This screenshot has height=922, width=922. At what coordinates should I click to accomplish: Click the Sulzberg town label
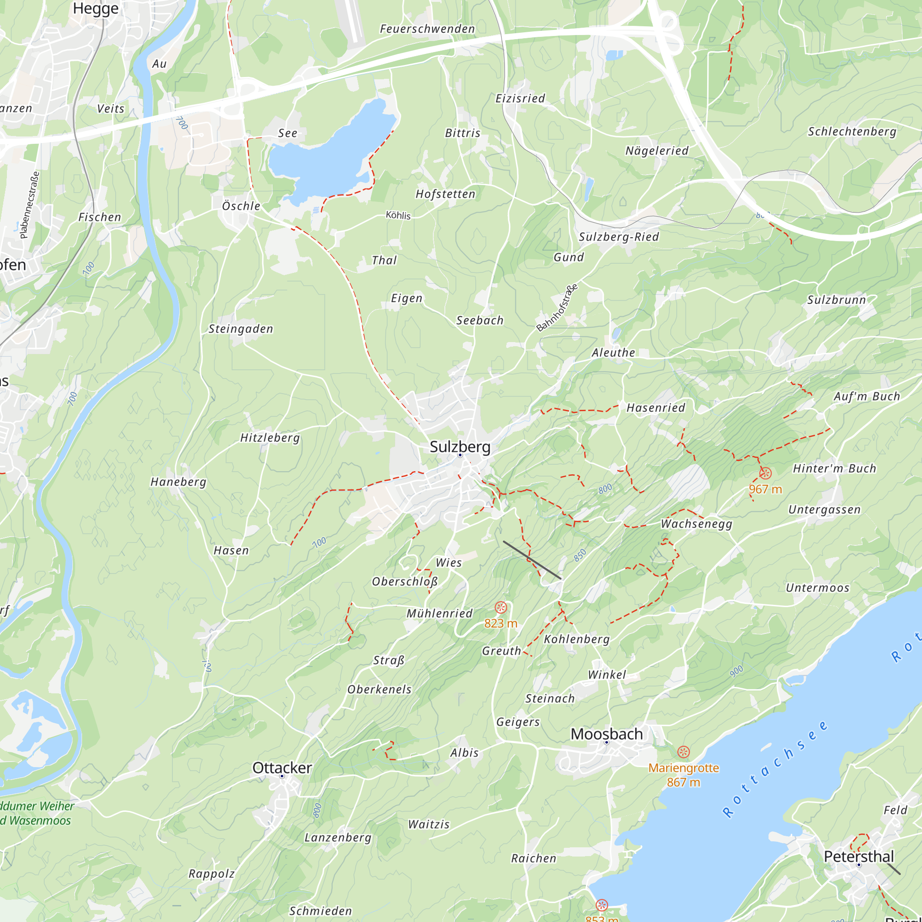click(460, 447)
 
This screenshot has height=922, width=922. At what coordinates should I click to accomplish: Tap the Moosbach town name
click(607, 734)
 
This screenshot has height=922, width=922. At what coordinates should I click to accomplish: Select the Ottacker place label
click(282, 768)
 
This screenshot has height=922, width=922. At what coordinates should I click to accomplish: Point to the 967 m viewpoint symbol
click(765, 473)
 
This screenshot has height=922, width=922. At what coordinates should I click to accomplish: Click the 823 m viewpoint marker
click(501, 608)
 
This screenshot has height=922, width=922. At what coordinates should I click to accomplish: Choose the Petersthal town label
click(858, 857)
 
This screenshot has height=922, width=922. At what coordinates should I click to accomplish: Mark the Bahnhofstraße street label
click(557, 308)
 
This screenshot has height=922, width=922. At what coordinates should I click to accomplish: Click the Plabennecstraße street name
click(30, 205)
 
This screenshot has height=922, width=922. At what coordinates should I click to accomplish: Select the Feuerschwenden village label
click(427, 29)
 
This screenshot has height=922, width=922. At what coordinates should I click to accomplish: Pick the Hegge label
click(95, 9)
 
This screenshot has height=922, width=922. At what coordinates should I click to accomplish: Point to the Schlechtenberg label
click(852, 132)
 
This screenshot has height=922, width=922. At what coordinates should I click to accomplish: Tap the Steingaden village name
click(241, 329)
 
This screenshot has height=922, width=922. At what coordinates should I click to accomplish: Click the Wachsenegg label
click(696, 524)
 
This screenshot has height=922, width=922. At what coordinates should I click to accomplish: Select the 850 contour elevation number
click(579, 556)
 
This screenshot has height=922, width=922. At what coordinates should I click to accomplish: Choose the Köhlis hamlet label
click(398, 215)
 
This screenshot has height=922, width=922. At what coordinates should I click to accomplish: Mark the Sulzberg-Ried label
click(619, 236)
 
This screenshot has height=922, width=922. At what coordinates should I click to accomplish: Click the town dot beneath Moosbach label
click(607, 743)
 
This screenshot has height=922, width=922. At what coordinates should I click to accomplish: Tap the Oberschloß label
click(405, 582)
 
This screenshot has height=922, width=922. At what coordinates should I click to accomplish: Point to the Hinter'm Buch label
click(835, 469)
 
